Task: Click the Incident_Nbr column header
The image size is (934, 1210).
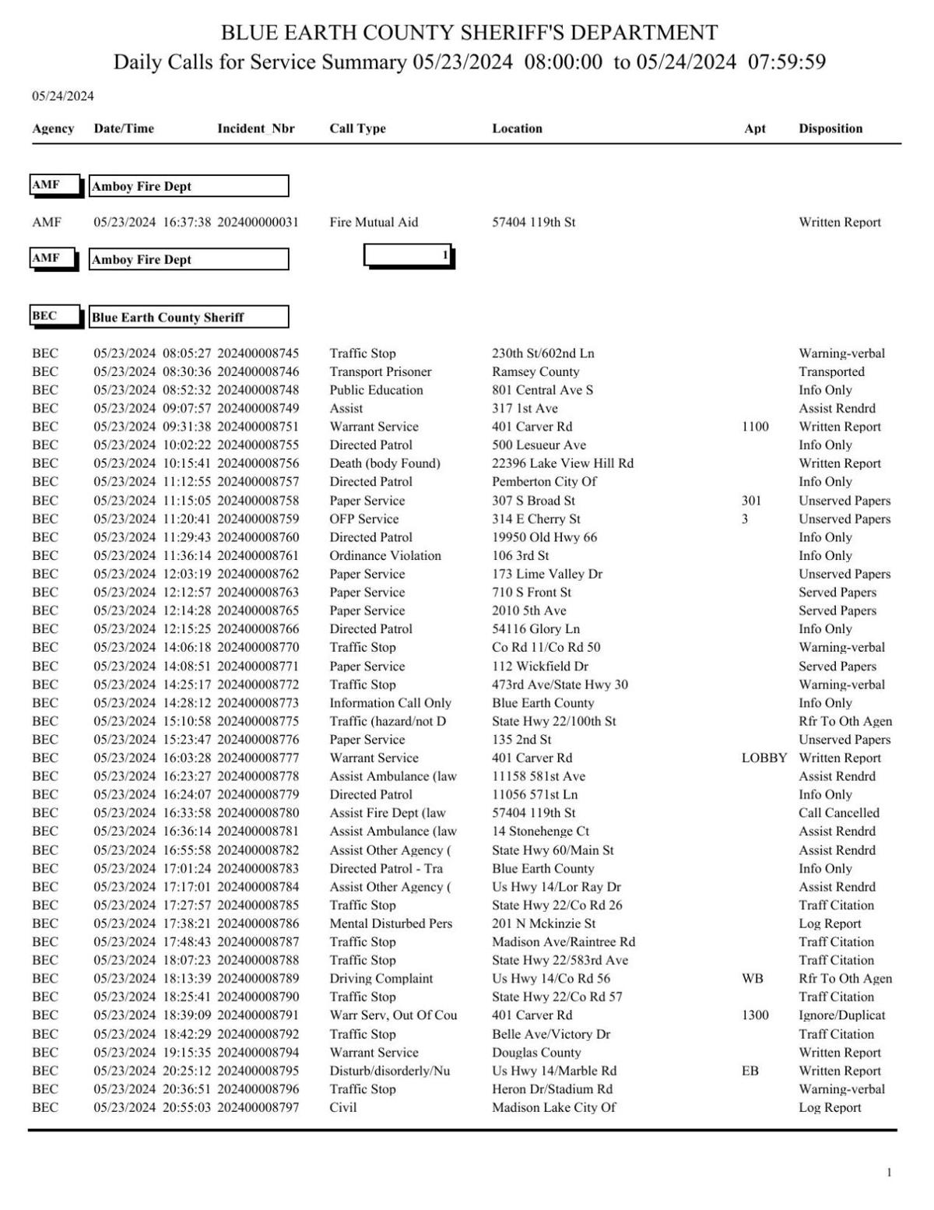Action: coord(255,128)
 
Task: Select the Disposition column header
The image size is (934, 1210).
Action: coord(830,128)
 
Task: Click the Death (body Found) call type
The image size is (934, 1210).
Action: coord(384,463)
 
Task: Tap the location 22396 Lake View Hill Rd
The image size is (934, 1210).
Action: coord(562,463)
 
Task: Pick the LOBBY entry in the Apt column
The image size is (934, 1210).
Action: coord(764,758)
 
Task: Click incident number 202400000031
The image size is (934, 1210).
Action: coord(258,222)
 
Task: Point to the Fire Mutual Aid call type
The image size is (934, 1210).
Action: coord(374,222)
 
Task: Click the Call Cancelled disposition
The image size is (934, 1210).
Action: coord(838,813)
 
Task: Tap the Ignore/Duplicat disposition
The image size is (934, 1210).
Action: coord(841,1015)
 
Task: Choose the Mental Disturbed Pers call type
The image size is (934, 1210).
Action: coord(391,923)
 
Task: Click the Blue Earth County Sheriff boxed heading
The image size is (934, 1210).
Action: coord(188,317)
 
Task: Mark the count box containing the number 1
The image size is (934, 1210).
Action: coord(409,255)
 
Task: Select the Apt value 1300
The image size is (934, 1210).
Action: coord(755,1015)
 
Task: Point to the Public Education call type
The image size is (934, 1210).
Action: coord(376,390)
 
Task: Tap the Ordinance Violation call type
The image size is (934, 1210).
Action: coord(384,555)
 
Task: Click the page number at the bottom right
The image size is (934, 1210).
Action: coord(889,1173)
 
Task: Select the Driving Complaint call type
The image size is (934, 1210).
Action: coord(381,979)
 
